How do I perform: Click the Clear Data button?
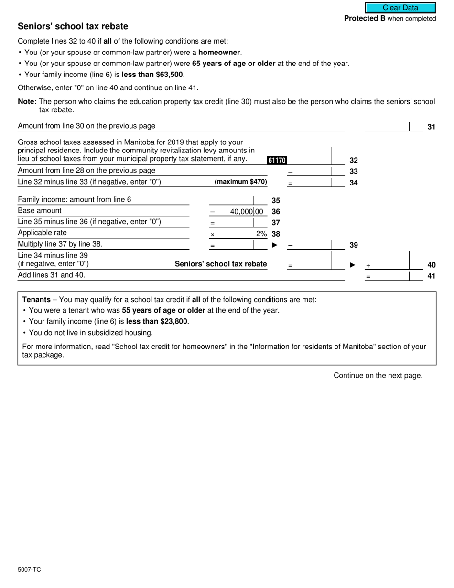click(400, 8)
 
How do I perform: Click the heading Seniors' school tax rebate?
click(73, 26)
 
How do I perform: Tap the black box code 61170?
click(277, 161)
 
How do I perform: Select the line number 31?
click(431, 127)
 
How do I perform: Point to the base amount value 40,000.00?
click(246, 211)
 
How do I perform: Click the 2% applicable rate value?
click(261, 234)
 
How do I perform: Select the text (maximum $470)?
click(241, 182)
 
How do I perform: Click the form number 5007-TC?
click(29, 569)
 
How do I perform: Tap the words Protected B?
click(365, 19)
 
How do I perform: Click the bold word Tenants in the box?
click(36, 300)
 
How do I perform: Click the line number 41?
click(431, 276)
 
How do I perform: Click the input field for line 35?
click(231, 200)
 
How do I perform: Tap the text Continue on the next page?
click(378, 375)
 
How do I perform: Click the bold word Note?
click(26, 101)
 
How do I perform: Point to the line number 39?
click(354, 245)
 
